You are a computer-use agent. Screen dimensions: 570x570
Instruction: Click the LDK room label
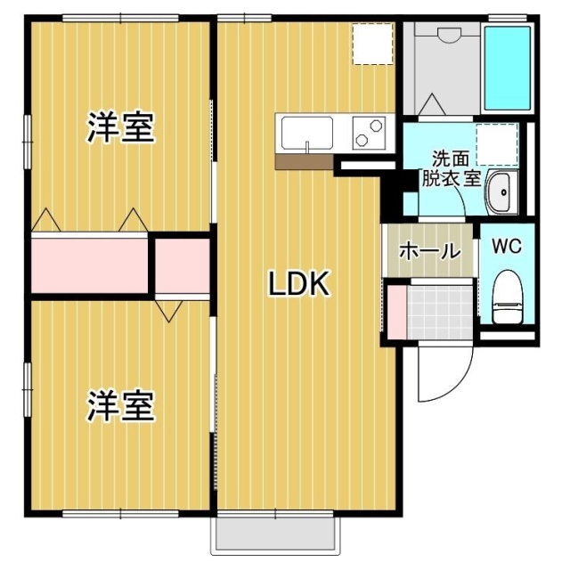pos(300,285)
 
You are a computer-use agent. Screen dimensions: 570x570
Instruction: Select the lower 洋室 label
pos(120,407)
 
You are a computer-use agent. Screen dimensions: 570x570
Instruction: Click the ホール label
pos(429,251)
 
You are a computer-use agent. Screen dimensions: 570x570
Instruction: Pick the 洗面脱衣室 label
pos(454,167)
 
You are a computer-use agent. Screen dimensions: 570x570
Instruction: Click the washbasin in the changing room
pos(501,191)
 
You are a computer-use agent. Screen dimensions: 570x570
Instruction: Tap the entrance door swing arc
pos(445,374)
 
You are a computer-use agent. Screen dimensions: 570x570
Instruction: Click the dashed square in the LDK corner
pos(372,44)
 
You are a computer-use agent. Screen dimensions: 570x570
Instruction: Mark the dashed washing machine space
pos(496,143)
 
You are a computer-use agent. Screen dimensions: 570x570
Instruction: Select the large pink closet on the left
pos(89,263)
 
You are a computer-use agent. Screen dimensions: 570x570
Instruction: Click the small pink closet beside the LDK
pos(182,264)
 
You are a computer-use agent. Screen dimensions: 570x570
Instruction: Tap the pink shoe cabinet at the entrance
pos(395,309)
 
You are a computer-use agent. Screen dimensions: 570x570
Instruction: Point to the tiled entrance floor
pos(438,309)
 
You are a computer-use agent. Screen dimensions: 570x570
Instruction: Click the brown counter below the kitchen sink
pos(304,162)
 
